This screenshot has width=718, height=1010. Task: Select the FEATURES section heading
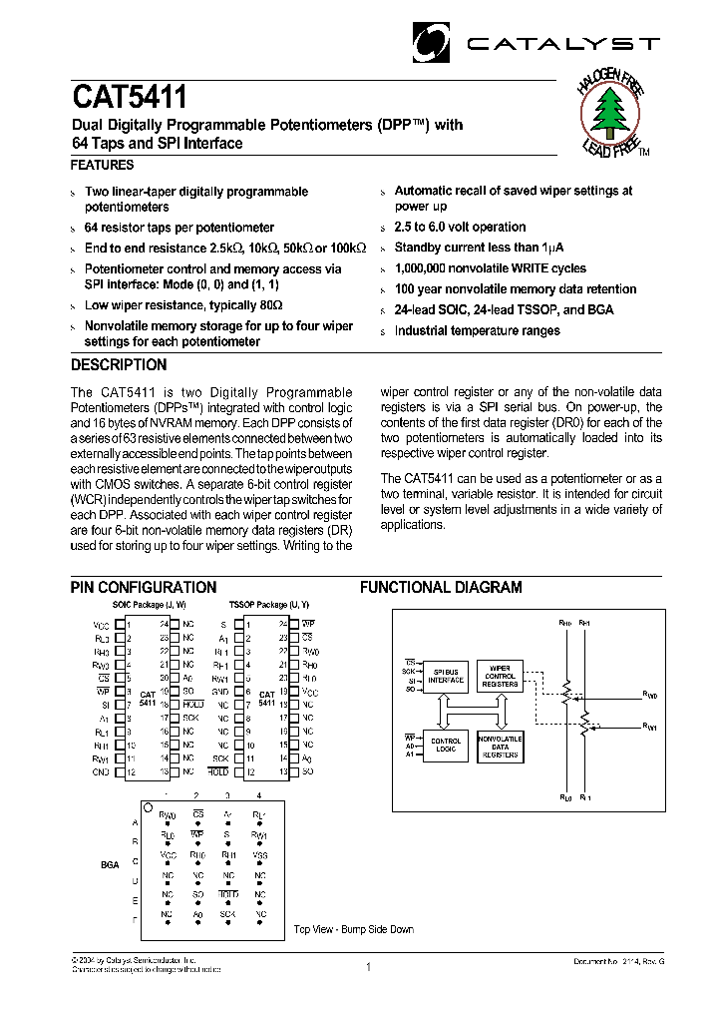click(102, 166)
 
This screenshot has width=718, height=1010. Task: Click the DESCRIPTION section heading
click(119, 365)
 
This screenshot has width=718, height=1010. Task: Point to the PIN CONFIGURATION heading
click(144, 588)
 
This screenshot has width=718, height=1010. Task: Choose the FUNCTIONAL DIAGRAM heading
click(441, 588)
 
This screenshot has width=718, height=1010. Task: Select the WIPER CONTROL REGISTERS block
click(500, 676)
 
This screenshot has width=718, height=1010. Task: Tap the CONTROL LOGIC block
click(446, 746)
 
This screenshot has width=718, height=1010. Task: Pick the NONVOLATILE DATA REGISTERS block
click(500, 749)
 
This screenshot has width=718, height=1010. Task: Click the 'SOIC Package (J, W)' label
click(148, 605)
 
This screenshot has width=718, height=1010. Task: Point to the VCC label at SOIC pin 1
click(101, 623)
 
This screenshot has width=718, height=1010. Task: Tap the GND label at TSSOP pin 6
click(221, 691)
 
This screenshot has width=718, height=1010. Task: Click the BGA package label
click(110, 865)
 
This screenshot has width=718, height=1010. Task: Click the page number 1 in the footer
click(368, 966)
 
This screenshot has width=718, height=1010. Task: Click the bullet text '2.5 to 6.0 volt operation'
click(460, 227)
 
